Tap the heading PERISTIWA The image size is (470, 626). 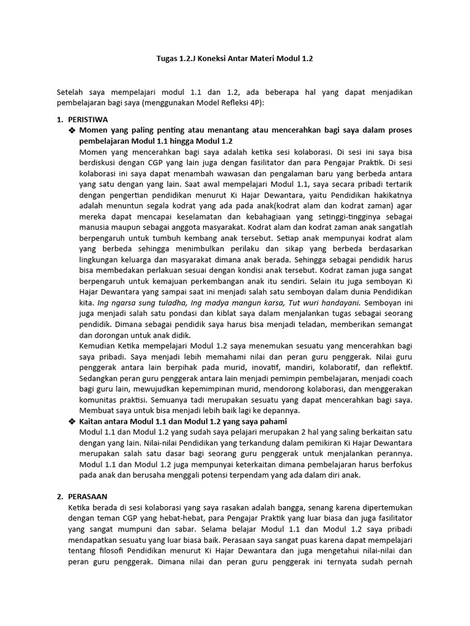tap(89, 119)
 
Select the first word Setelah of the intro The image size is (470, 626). tap(72, 92)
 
